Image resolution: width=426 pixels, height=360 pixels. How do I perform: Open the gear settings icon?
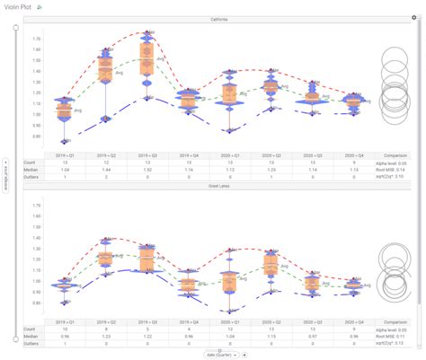(x=413, y=17)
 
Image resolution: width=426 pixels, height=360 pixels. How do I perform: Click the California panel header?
(x=218, y=20)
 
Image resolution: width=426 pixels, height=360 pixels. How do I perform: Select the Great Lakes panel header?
(x=218, y=187)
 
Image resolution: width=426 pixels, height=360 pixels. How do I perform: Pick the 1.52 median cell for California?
(x=146, y=170)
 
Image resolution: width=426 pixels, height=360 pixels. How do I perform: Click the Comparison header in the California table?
(x=394, y=154)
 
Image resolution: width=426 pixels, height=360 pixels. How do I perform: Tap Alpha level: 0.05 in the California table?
(x=394, y=162)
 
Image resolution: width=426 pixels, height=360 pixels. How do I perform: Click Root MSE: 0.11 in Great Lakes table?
(x=394, y=336)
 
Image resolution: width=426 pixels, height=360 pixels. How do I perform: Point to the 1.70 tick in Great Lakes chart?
(x=37, y=206)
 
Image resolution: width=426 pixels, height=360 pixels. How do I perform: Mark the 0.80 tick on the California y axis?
(x=37, y=136)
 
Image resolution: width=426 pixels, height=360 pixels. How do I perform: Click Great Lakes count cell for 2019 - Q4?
(x=187, y=328)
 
